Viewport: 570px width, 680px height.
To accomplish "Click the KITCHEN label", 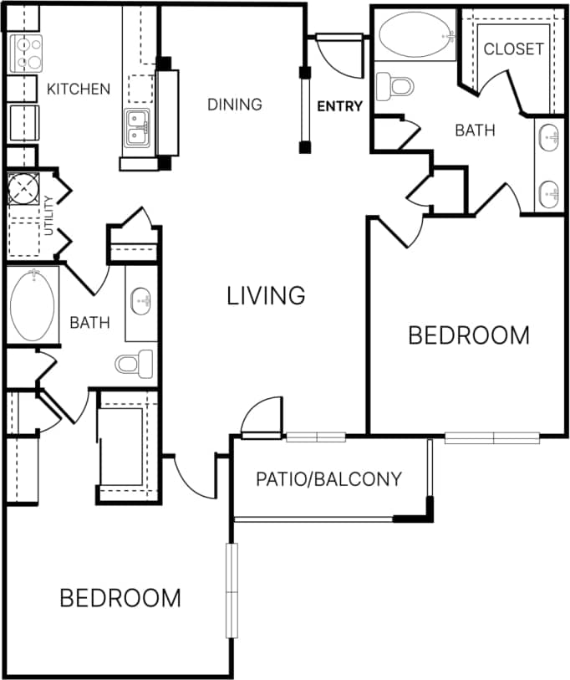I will click(79, 89).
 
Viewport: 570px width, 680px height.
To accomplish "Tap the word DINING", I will click(235, 105).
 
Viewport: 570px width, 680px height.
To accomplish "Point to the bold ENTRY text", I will click(339, 106).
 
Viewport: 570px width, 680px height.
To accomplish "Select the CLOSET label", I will click(513, 49).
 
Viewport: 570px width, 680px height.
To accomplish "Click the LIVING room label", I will click(266, 295).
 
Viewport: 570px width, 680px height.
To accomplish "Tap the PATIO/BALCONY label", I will click(328, 479).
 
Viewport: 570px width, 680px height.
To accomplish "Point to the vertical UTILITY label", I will click(48, 214).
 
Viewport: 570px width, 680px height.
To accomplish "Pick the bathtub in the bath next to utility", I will click(33, 305).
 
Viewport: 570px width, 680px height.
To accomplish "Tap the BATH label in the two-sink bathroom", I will click(475, 130).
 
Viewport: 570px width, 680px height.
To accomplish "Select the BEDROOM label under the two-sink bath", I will click(468, 335).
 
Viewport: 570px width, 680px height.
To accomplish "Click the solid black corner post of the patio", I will click(426, 509).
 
